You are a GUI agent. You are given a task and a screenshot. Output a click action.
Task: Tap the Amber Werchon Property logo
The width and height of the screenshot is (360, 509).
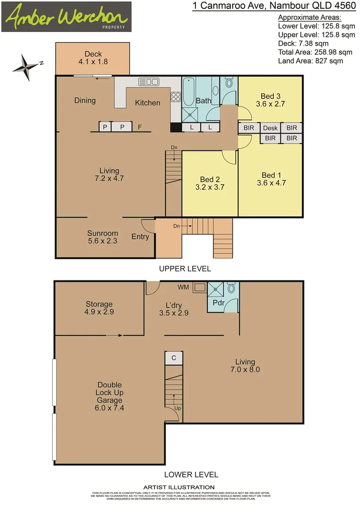click(66, 17)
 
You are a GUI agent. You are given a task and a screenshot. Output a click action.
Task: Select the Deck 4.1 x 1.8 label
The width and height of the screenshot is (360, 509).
click(93, 58)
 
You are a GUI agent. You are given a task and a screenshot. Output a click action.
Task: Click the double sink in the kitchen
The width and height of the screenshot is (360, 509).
click(148, 82)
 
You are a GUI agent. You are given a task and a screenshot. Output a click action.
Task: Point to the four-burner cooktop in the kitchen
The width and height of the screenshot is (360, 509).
click(176, 97)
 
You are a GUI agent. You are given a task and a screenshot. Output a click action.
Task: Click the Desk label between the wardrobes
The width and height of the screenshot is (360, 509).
click(270, 128)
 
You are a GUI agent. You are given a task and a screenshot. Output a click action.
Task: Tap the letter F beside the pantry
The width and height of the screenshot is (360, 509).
click(139, 127)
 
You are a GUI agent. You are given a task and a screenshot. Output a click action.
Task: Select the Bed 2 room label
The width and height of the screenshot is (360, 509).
click(210, 183)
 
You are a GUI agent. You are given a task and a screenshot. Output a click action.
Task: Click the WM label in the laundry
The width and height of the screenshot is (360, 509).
click(183, 286)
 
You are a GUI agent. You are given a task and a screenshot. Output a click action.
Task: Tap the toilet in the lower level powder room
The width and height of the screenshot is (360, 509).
click(231, 288)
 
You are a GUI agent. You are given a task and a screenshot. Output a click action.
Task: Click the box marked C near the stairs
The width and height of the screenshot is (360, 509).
click(174, 358)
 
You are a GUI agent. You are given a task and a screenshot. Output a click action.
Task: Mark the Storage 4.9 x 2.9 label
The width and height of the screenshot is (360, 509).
click(99, 308)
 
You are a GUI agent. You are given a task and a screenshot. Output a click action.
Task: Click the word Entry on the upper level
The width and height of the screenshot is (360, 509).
click(140, 237)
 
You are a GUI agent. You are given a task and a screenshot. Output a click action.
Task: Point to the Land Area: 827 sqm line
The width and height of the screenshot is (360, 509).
click(310, 60)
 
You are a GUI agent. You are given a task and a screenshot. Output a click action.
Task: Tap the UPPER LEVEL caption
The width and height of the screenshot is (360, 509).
click(185, 269)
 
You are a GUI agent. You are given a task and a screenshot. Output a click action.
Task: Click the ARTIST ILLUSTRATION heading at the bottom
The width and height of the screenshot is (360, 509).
click(179, 487)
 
